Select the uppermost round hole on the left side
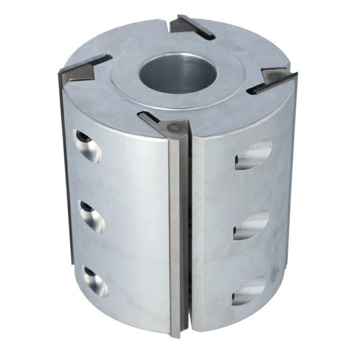88,147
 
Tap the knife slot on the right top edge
273,81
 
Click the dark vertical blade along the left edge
65,170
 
